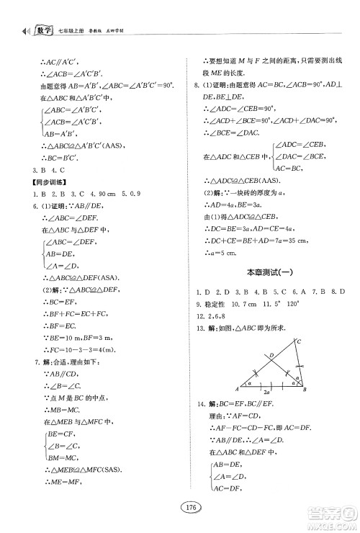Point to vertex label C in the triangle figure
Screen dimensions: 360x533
[x=297, y=341]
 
